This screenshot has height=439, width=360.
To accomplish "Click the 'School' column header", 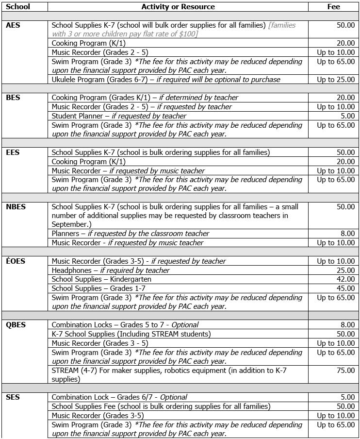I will (x=18, y=7).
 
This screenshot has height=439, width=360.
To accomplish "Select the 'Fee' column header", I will (x=334, y=7).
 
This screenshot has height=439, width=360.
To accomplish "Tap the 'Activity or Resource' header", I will (x=178, y=7).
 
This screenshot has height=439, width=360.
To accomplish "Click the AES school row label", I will (x=13, y=25).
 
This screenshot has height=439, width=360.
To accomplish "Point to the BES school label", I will (x=13, y=98).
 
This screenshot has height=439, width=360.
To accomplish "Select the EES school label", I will (x=13, y=152).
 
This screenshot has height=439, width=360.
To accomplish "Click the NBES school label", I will (x=16, y=207).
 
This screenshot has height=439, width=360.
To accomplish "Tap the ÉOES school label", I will (x=16, y=261).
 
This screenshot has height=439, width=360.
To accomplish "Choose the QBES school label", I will (x=16, y=325).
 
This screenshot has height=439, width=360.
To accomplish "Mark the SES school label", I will (x=13, y=397).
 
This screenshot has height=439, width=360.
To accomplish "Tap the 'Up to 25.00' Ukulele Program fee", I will (x=336, y=80).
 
